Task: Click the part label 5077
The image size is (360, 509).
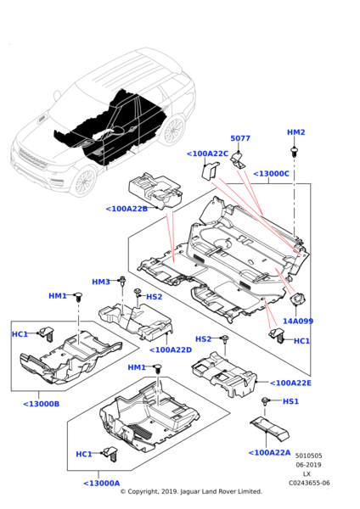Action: point(240,138)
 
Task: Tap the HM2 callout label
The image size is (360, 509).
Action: point(296,132)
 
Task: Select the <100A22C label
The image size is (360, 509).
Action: point(207,154)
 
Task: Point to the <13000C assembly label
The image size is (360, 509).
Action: point(271,174)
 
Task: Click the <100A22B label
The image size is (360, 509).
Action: point(127,209)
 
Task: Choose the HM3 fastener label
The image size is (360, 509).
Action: point(101,282)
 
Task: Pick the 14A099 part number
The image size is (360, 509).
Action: point(298,321)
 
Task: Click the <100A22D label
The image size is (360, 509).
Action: point(171,350)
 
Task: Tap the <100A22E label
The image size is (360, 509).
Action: point(290,383)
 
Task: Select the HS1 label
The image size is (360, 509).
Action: point(290,401)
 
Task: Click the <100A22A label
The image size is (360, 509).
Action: point(269,452)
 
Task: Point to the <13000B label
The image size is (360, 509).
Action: point(42,404)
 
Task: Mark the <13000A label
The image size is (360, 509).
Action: point(102,484)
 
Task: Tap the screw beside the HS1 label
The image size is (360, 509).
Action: point(265,401)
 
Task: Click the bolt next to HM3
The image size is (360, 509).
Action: point(122,281)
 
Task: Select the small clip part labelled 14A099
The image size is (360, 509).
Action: point(296,299)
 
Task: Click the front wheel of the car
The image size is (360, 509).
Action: point(83,181)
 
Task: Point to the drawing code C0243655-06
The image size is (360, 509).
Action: point(309,483)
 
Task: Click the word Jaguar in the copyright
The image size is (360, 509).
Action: point(190,491)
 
